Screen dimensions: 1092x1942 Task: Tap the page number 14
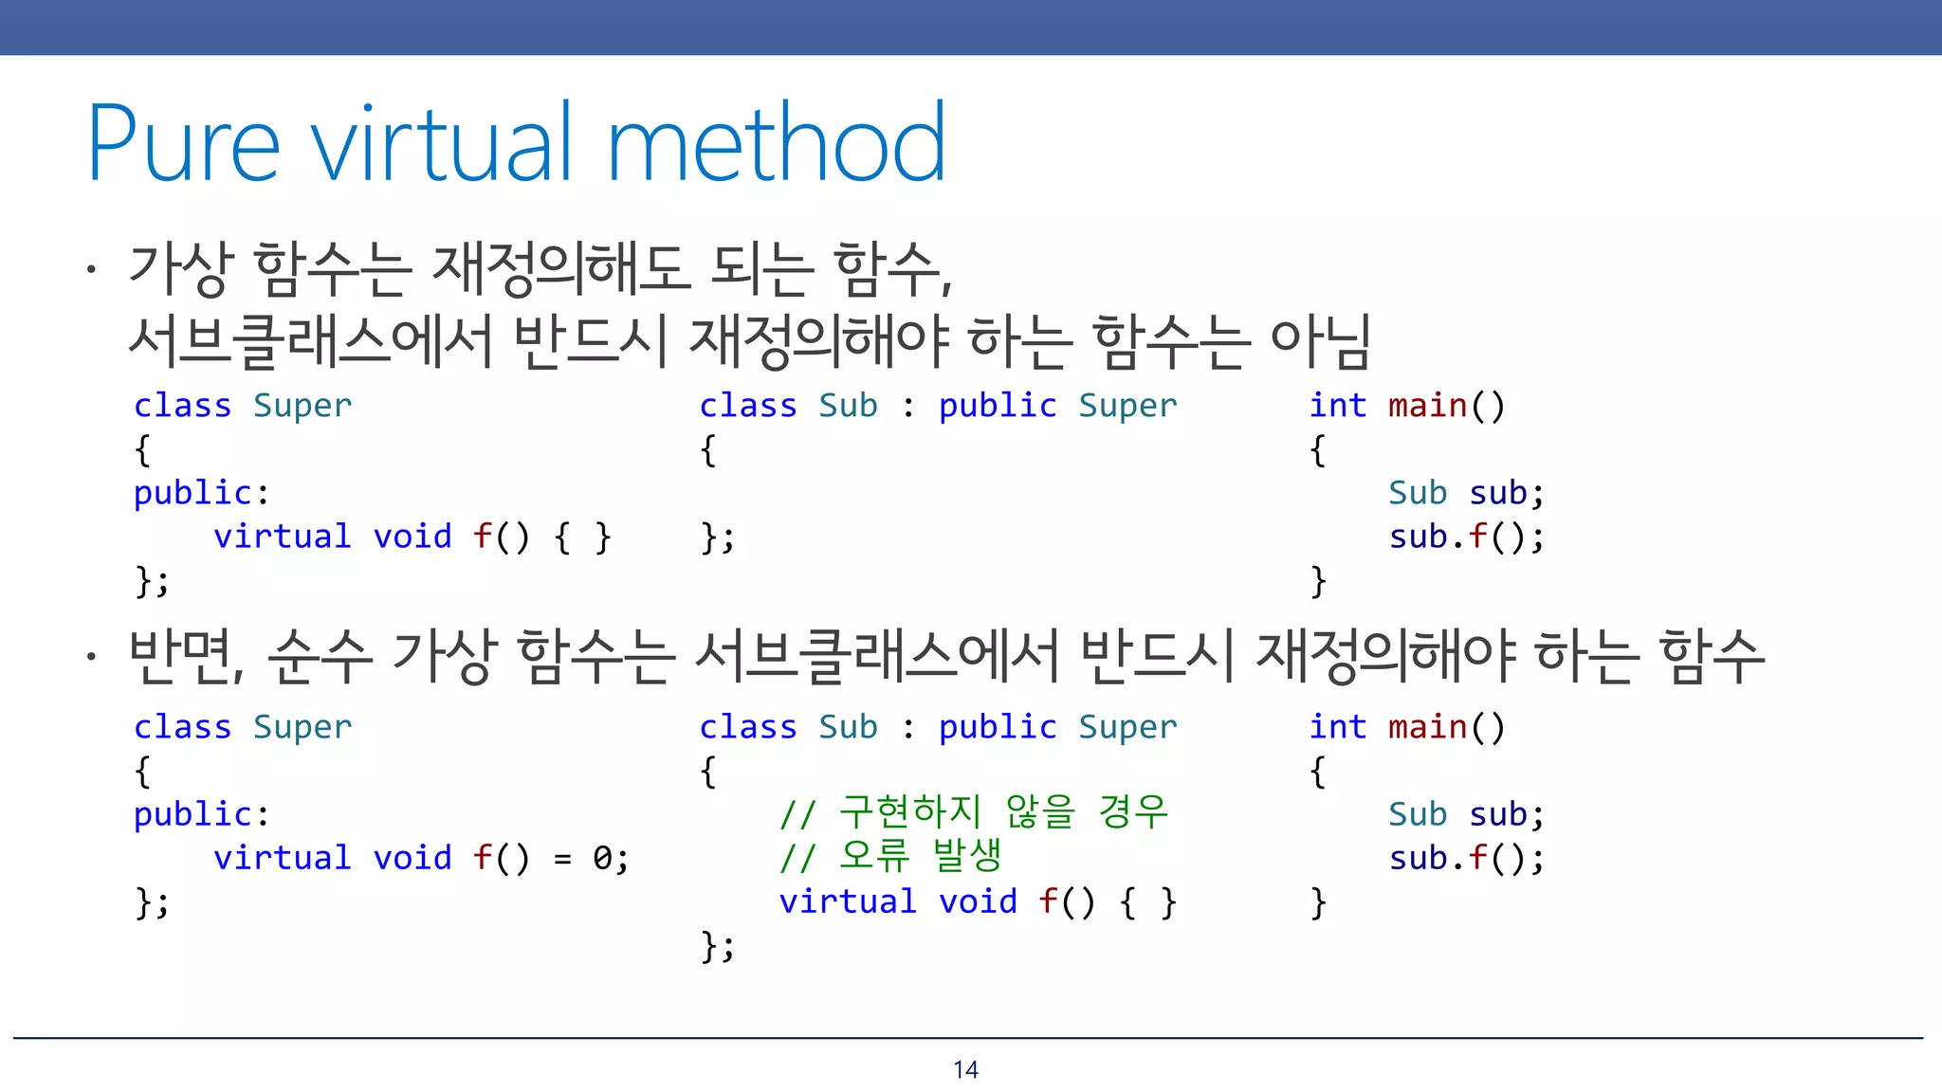pos(965,1069)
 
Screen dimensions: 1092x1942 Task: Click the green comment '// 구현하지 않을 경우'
pos(973,813)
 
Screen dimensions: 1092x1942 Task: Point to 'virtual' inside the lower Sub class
pos(847,901)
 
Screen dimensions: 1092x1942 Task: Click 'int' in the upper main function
pos(1337,406)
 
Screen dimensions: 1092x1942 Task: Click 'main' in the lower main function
pos(1427,728)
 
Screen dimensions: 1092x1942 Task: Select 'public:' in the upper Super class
pos(201,493)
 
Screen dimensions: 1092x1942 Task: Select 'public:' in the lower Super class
pos(201,815)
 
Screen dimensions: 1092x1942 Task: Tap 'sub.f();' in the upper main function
pos(1466,537)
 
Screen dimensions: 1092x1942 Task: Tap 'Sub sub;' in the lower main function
pos(1466,815)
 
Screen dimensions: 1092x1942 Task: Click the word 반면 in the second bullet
pos(185,656)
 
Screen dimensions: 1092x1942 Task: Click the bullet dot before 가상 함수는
pos(91,270)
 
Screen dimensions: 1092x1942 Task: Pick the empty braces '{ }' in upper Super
pos(582,537)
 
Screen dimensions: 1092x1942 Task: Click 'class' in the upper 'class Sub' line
pos(747,406)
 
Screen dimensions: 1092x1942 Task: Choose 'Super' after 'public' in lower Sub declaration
pos(1127,728)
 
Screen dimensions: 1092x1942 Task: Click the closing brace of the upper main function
pos(1318,581)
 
